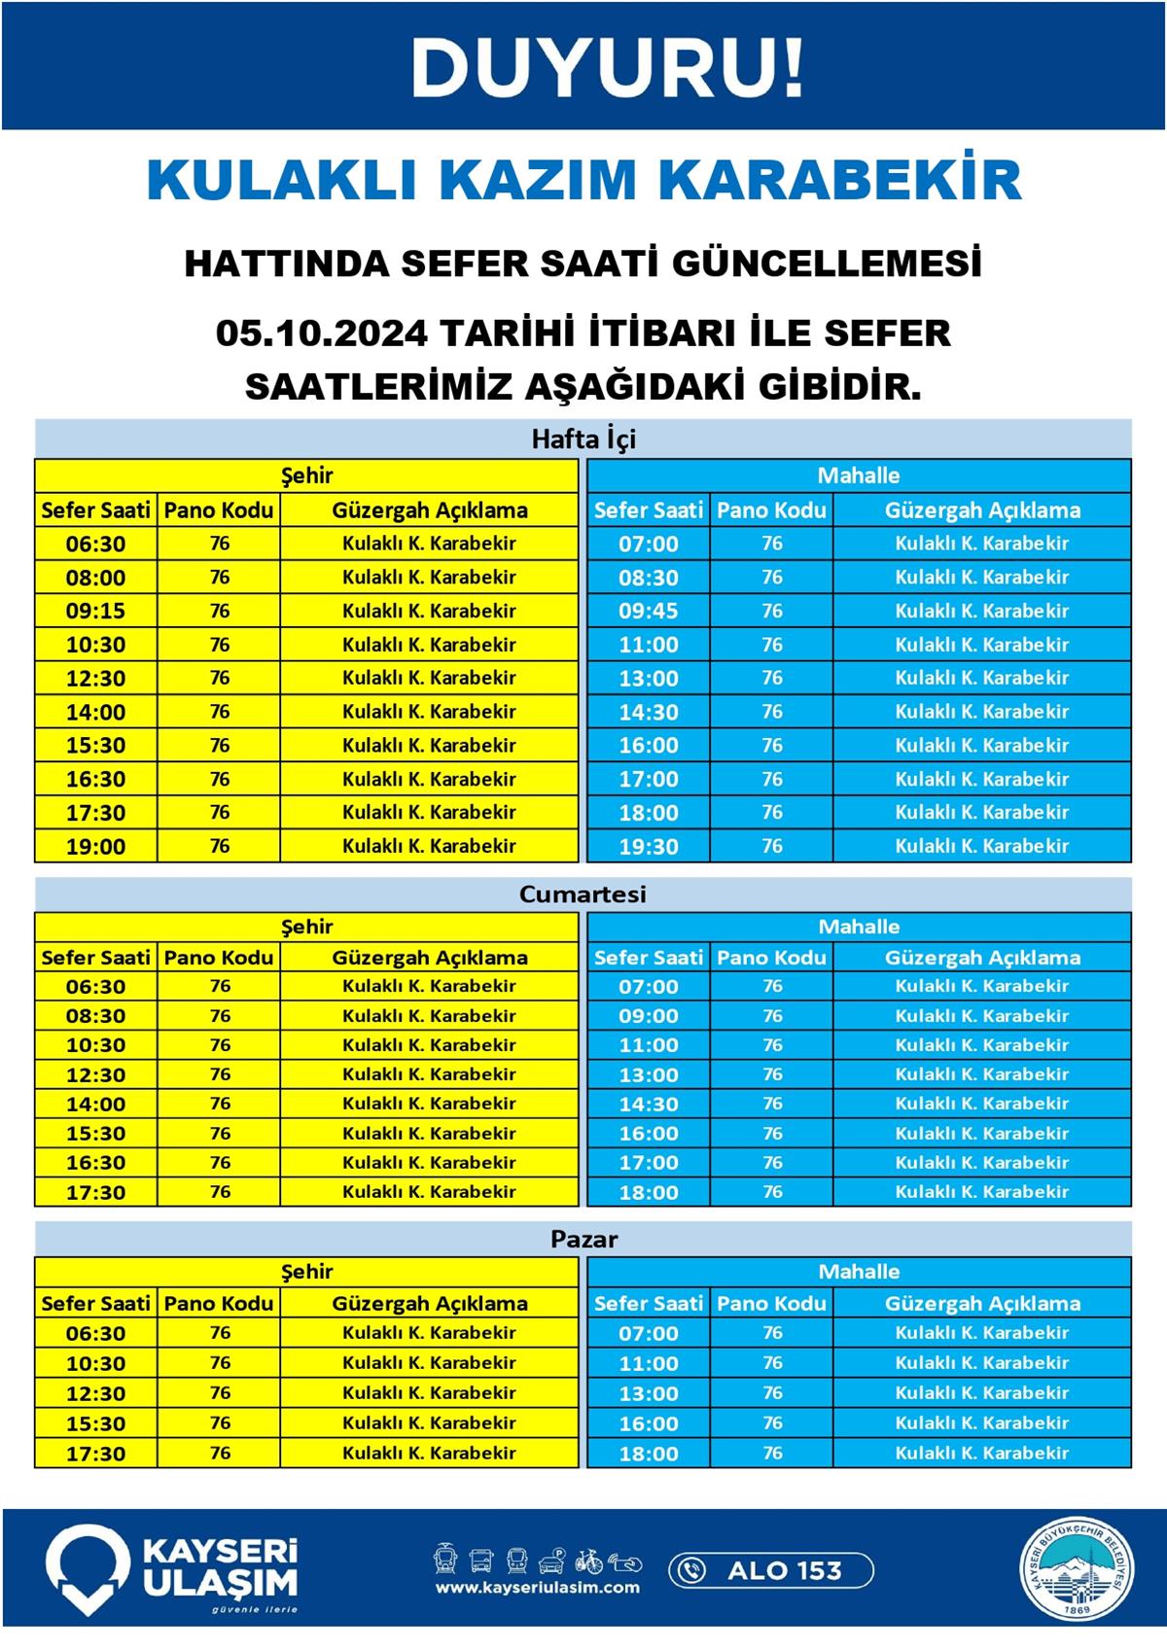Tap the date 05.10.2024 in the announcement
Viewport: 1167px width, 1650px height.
(x=321, y=334)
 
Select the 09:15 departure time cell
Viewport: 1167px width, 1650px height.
(x=95, y=612)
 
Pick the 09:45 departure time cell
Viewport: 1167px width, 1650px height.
(x=649, y=612)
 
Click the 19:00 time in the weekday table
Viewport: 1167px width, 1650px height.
(x=95, y=847)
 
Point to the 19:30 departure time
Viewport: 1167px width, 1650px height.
(x=649, y=847)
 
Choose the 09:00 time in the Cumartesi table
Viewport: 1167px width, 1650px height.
(x=649, y=1016)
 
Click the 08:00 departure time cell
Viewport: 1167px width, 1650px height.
(x=95, y=578)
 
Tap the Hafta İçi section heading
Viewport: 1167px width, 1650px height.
(x=583, y=439)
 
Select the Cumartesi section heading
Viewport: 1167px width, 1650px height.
(x=583, y=895)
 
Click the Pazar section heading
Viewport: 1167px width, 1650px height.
(x=583, y=1240)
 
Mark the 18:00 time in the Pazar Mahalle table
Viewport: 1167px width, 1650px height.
(x=649, y=1455)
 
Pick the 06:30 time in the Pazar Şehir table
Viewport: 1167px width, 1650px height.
(x=95, y=1334)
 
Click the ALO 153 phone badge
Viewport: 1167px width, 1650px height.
(x=770, y=1570)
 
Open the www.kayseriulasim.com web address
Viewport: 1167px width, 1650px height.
(x=538, y=1588)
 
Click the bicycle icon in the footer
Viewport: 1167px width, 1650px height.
(x=588, y=1561)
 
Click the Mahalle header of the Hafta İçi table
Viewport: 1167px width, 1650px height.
(x=859, y=476)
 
